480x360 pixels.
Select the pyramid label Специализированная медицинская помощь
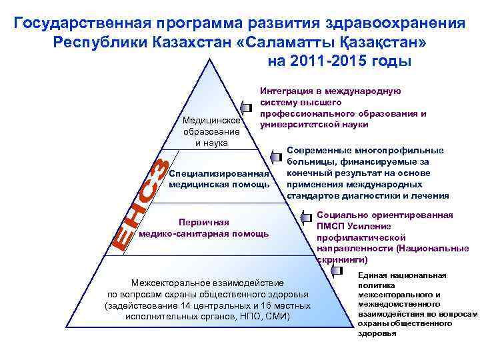[x=219, y=179]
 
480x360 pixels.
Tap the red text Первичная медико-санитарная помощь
[x=204, y=228]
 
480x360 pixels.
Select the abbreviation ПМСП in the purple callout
[x=331, y=227]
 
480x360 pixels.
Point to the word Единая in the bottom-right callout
[x=371, y=275]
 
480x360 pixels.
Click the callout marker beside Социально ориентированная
[x=306, y=217]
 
